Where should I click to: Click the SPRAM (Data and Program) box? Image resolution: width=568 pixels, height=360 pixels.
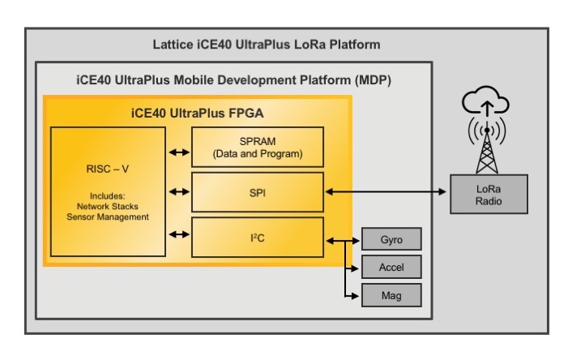point(257,147)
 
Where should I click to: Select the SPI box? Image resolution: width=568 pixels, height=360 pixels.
point(257,192)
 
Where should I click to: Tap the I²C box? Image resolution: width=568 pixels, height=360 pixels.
point(257,238)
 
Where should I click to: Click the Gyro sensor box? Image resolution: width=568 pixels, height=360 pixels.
point(391,240)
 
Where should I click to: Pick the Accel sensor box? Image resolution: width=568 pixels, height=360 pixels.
point(391,268)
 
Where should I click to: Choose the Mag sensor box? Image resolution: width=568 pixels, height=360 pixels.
point(391,295)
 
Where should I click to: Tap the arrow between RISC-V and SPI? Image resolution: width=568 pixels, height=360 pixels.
point(176,192)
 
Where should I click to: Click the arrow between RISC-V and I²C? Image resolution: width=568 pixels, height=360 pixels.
point(176,235)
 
